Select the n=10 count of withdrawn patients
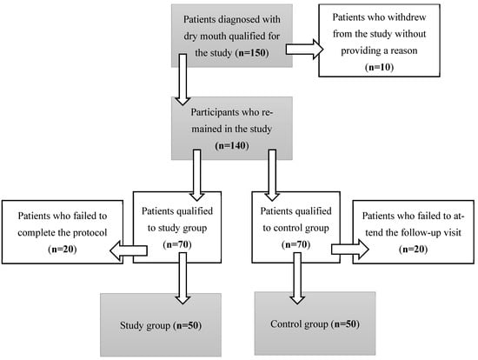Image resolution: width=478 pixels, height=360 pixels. pos(379,67)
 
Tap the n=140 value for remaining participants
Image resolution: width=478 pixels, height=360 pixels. pos(232,145)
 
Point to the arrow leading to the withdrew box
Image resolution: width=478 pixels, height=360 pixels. pos(304,49)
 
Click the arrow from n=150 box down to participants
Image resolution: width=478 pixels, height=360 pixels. pos(183,80)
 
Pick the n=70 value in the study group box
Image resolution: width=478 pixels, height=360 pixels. pos(177,244)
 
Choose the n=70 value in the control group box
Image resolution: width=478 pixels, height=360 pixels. pos(295,244)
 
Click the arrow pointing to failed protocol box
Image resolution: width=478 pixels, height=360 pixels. pos(129,250)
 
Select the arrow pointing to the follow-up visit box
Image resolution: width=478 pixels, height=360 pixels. pos(350,250)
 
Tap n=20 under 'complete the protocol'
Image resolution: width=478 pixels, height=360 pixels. pos(63,249)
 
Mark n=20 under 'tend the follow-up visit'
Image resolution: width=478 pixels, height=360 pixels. pos(413,249)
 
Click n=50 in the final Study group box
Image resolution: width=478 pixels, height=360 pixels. pos(187,325)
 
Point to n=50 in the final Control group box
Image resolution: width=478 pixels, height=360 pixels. pos(345,323)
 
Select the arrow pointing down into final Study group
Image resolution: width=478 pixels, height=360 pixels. pos(183,278)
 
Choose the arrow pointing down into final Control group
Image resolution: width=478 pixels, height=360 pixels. pos(297,278)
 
